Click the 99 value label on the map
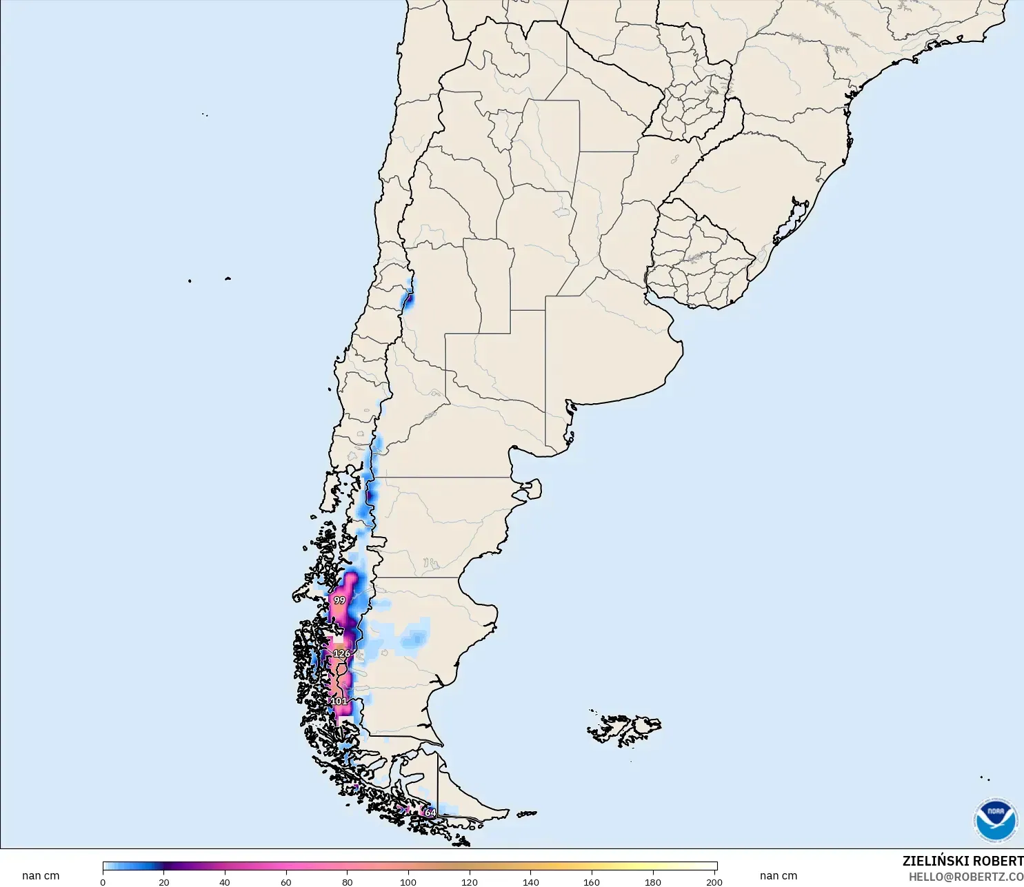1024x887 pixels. [339, 600]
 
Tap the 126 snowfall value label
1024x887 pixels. [341, 653]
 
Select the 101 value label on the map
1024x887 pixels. [339, 702]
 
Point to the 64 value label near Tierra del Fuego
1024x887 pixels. [430, 813]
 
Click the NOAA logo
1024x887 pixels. [995, 819]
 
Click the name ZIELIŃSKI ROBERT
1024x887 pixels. [963, 861]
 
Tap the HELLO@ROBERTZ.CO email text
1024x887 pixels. [965, 877]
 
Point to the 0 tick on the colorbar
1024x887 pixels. [103, 881]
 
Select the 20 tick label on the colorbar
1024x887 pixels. [163, 881]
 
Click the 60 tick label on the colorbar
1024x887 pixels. [286, 881]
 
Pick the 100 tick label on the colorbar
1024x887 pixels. [408, 881]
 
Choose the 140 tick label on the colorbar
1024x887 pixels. [530, 881]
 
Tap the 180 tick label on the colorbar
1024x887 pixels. [652, 881]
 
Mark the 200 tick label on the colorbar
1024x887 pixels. [714, 881]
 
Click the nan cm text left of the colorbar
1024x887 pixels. [41, 875]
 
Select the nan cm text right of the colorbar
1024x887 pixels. [779, 875]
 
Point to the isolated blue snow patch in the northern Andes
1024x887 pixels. [408, 300]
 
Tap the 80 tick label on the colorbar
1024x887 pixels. [348, 881]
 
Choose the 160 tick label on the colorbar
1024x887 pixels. [592, 881]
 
